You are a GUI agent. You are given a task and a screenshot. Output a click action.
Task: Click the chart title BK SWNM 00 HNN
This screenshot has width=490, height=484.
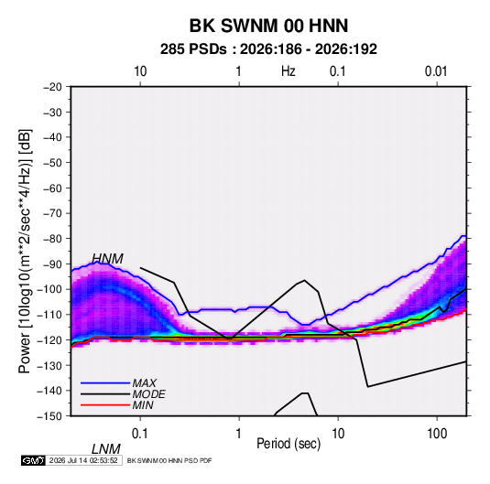(x=268, y=26)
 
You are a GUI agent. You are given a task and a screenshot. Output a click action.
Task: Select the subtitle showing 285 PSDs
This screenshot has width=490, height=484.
(x=268, y=49)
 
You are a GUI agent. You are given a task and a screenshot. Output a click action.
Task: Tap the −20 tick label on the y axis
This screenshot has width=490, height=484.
(x=52, y=87)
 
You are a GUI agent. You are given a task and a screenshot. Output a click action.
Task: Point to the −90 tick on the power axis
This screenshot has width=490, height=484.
(x=52, y=264)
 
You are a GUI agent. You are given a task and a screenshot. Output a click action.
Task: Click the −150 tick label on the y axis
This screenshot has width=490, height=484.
(x=49, y=416)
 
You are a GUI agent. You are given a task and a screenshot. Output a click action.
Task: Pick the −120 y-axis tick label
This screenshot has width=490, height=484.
(x=49, y=339)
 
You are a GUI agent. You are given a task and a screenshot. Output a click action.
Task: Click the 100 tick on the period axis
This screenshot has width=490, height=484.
(x=437, y=433)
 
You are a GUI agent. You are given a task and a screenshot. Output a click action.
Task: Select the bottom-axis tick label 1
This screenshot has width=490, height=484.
(x=239, y=433)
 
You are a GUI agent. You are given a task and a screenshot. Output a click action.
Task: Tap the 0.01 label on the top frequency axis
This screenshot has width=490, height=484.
(x=436, y=71)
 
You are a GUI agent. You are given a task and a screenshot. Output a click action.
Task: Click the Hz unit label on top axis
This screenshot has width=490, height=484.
(x=289, y=71)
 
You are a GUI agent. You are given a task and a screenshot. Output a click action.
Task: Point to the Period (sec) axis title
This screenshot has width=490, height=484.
(x=289, y=444)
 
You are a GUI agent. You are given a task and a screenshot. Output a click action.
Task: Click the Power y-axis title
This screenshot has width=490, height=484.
(x=25, y=251)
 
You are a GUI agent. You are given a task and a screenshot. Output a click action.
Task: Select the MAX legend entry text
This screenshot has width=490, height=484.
(x=145, y=382)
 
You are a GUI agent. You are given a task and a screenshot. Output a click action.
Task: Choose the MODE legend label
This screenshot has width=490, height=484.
(x=148, y=394)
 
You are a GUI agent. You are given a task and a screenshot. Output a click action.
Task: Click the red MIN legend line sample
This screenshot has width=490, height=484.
(x=105, y=405)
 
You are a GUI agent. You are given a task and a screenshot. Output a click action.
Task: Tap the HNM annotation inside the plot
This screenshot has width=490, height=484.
(x=107, y=259)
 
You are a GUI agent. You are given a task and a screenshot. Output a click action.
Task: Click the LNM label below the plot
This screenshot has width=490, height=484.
(x=106, y=449)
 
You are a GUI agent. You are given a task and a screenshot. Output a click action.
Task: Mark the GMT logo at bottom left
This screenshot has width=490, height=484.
(x=33, y=460)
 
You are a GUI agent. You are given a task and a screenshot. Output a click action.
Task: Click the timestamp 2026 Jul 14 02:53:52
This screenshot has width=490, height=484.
(x=83, y=460)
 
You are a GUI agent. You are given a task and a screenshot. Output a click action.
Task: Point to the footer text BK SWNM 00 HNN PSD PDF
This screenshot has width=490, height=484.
(x=169, y=460)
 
